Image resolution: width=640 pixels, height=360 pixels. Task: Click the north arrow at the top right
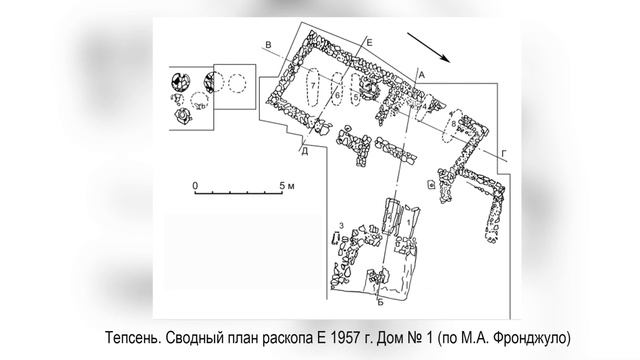click(429, 47)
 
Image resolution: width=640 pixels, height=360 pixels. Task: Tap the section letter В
click(268, 45)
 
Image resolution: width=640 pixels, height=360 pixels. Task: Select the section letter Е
click(369, 42)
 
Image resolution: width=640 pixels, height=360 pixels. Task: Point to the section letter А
click(422, 75)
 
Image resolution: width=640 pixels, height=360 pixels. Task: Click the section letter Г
click(504, 153)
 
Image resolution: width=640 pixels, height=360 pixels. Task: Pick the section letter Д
click(304, 152)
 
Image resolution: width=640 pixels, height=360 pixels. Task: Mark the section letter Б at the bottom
click(380, 302)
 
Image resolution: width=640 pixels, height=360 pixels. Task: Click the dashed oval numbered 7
click(313, 87)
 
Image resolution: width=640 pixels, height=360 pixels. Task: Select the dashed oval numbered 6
click(337, 89)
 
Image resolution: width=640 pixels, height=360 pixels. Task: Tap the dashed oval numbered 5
click(356, 91)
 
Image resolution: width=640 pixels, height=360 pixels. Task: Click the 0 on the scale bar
click(195, 186)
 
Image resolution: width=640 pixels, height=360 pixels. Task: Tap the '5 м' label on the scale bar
click(287, 186)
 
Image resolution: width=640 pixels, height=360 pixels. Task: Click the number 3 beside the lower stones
click(342, 226)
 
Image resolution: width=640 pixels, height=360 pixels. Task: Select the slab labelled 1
click(410, 223)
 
